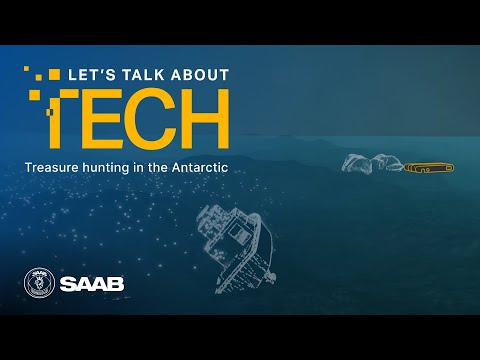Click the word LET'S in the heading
click(x=87, y=75)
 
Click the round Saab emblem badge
click(x=37, y=283)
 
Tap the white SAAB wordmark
click(x=92, y=284)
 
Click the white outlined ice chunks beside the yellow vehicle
click(x=371, y=164)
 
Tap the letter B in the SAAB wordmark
click(x=116, y=284)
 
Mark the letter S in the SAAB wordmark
click(x=68, y=284)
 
